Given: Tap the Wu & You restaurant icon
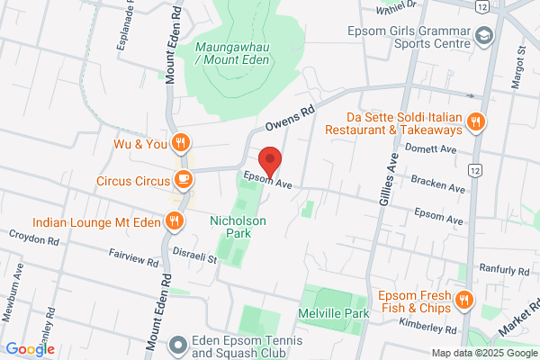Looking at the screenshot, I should pos(181,141).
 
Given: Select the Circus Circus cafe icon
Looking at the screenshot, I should pos(183,179).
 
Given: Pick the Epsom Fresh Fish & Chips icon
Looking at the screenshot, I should pos(464,300).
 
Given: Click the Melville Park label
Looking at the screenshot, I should pos(334,313).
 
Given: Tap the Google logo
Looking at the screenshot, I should pos(30,349).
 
